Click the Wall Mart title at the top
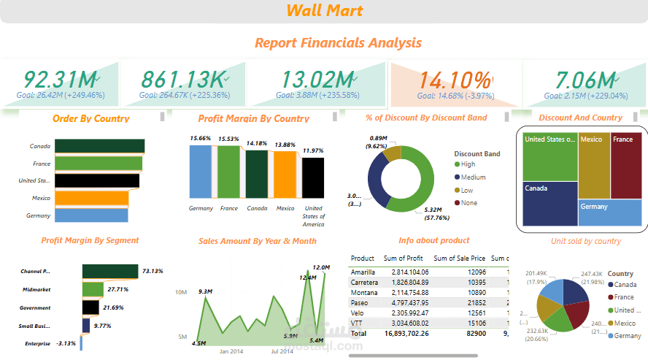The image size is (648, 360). pyautogui.click(x=324, y=10)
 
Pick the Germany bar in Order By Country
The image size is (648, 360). pyautogui.click(x=91, y=215)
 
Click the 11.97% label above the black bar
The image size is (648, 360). pyautogui.click(x=312, y=150)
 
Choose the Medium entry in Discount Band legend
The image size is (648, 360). pyautogui.click(x=472, y=177)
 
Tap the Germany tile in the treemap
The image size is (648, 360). pyautogui.click(x=610, y=213)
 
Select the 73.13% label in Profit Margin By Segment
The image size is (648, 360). pyautogui.click(x=152, y=271)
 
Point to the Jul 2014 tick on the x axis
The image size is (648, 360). pyautogui.click(x=281, y=351)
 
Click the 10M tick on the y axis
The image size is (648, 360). pyautogui.click(x=181, y=292)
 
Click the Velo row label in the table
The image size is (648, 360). pyautogui.click(x=358, y=313)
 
